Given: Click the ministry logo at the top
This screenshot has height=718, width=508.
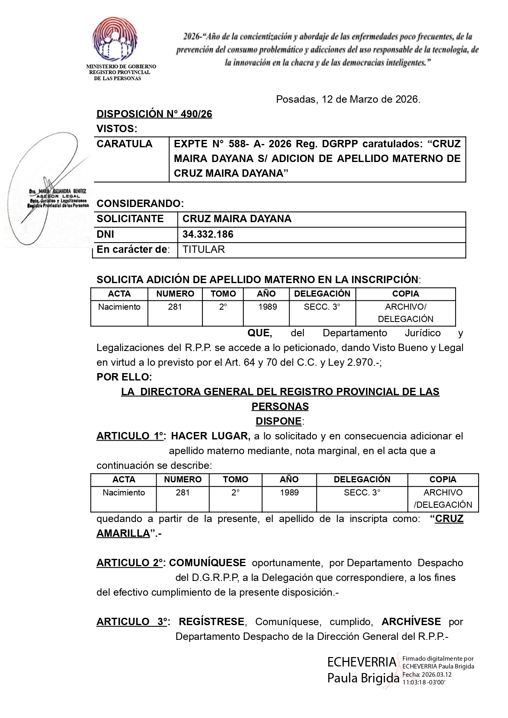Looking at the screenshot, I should pos(115,39).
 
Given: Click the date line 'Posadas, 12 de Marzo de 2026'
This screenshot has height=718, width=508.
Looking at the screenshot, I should pos(348,99).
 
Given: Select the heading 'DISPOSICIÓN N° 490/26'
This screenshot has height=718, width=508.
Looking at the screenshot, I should pos(154,114).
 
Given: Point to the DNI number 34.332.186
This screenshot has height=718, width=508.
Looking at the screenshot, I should pos(208,234).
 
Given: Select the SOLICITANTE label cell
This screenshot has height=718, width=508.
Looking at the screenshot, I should pos(130,219).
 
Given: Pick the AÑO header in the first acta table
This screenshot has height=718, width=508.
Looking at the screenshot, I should pos(266,294).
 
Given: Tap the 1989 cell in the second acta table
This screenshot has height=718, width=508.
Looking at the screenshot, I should pos(289,493).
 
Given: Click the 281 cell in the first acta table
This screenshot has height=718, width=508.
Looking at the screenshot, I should pos(175,307).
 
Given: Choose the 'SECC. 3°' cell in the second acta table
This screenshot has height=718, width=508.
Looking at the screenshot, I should pos(362,493).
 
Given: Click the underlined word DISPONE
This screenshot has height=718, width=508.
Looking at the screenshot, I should pos(279,421).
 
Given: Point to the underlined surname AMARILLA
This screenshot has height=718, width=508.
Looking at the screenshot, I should pos(123,533).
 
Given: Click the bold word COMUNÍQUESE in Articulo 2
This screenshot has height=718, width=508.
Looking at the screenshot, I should pos(207,563).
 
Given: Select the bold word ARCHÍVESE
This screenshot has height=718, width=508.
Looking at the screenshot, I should pos(411,622).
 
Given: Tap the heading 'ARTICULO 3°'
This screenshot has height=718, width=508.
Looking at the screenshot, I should pos(132,622).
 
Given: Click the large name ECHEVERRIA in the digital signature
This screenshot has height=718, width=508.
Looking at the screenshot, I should pos(362,662).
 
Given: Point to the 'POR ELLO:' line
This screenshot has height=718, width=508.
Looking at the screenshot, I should pos(124,377).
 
